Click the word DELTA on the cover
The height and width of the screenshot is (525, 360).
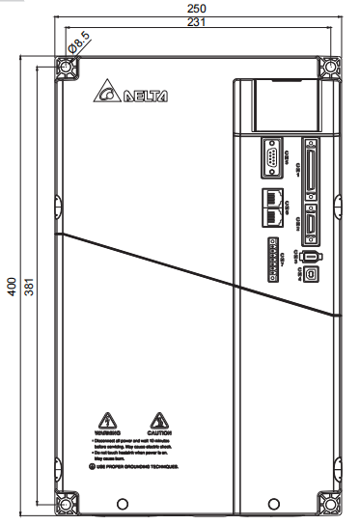(x=146, y=97)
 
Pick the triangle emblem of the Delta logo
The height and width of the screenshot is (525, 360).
(x=107, y=95)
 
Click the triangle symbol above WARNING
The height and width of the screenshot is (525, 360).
(x=111, y=420)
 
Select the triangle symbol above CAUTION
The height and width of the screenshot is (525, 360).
(x=158, y=420)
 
